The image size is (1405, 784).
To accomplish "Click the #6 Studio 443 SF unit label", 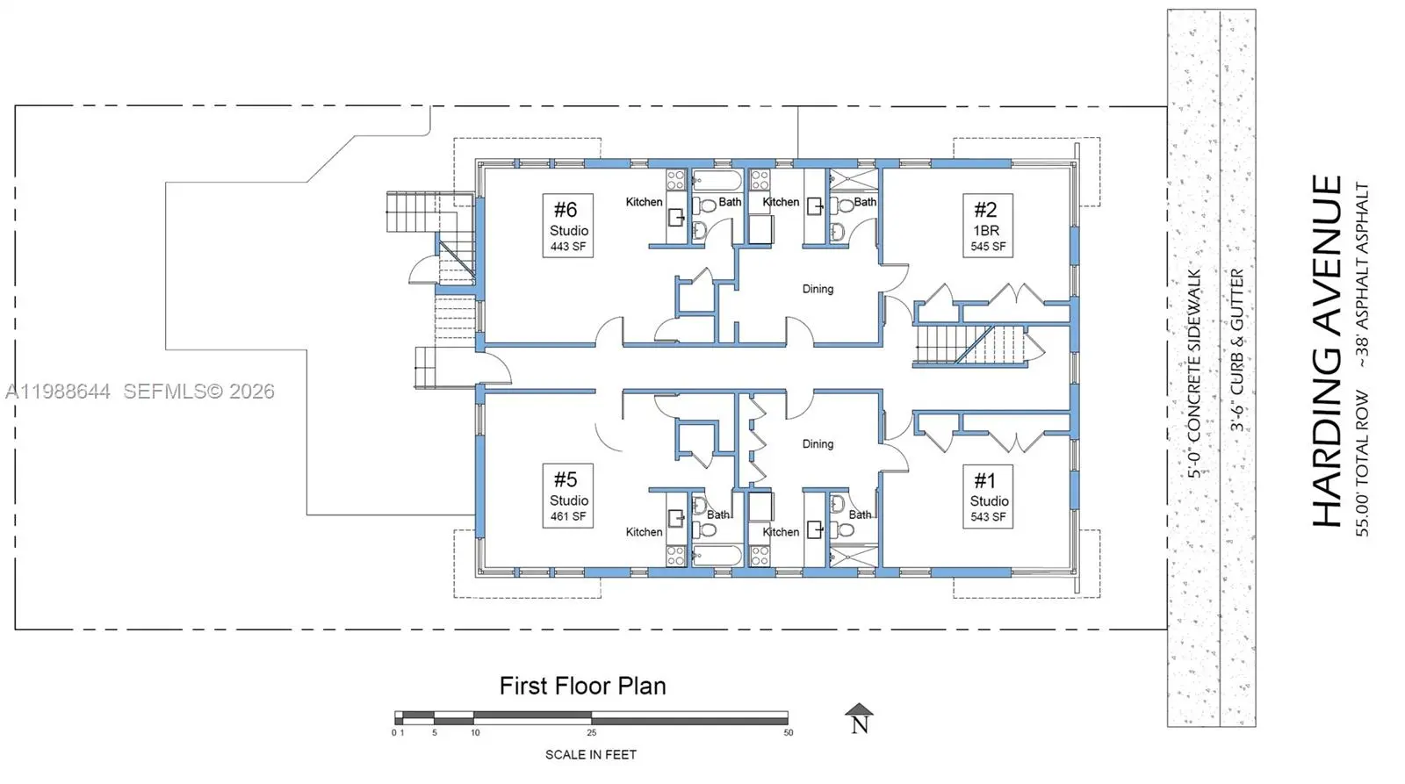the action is [567, 226].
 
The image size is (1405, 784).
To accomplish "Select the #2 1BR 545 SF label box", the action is [988, 226].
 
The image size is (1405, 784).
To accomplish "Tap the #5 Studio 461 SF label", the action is [567, 496].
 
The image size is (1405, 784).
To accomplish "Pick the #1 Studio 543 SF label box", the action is [988, 497].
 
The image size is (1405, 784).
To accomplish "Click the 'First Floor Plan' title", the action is [583, 687].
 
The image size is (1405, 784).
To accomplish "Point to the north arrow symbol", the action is [860, 719].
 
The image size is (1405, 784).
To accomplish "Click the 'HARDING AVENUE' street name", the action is [1327, 351].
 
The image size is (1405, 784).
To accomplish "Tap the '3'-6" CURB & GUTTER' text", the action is [1237, 350].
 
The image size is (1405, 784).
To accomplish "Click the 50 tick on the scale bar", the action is [789, 732].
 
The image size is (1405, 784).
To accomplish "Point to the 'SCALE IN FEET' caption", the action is [591, 755].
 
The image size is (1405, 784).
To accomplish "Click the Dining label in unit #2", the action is [818, 289].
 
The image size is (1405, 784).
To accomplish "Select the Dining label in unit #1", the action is [818, 444].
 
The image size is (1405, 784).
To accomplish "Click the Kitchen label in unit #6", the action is [645, 202].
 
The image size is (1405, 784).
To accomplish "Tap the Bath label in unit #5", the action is [718, 515].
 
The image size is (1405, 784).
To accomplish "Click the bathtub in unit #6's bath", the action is [717, 181].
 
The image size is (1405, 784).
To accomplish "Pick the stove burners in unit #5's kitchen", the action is [675, 556].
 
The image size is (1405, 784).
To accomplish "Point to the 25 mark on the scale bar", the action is [592, 732].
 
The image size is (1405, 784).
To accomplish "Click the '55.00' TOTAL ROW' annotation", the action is [1362, 463].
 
